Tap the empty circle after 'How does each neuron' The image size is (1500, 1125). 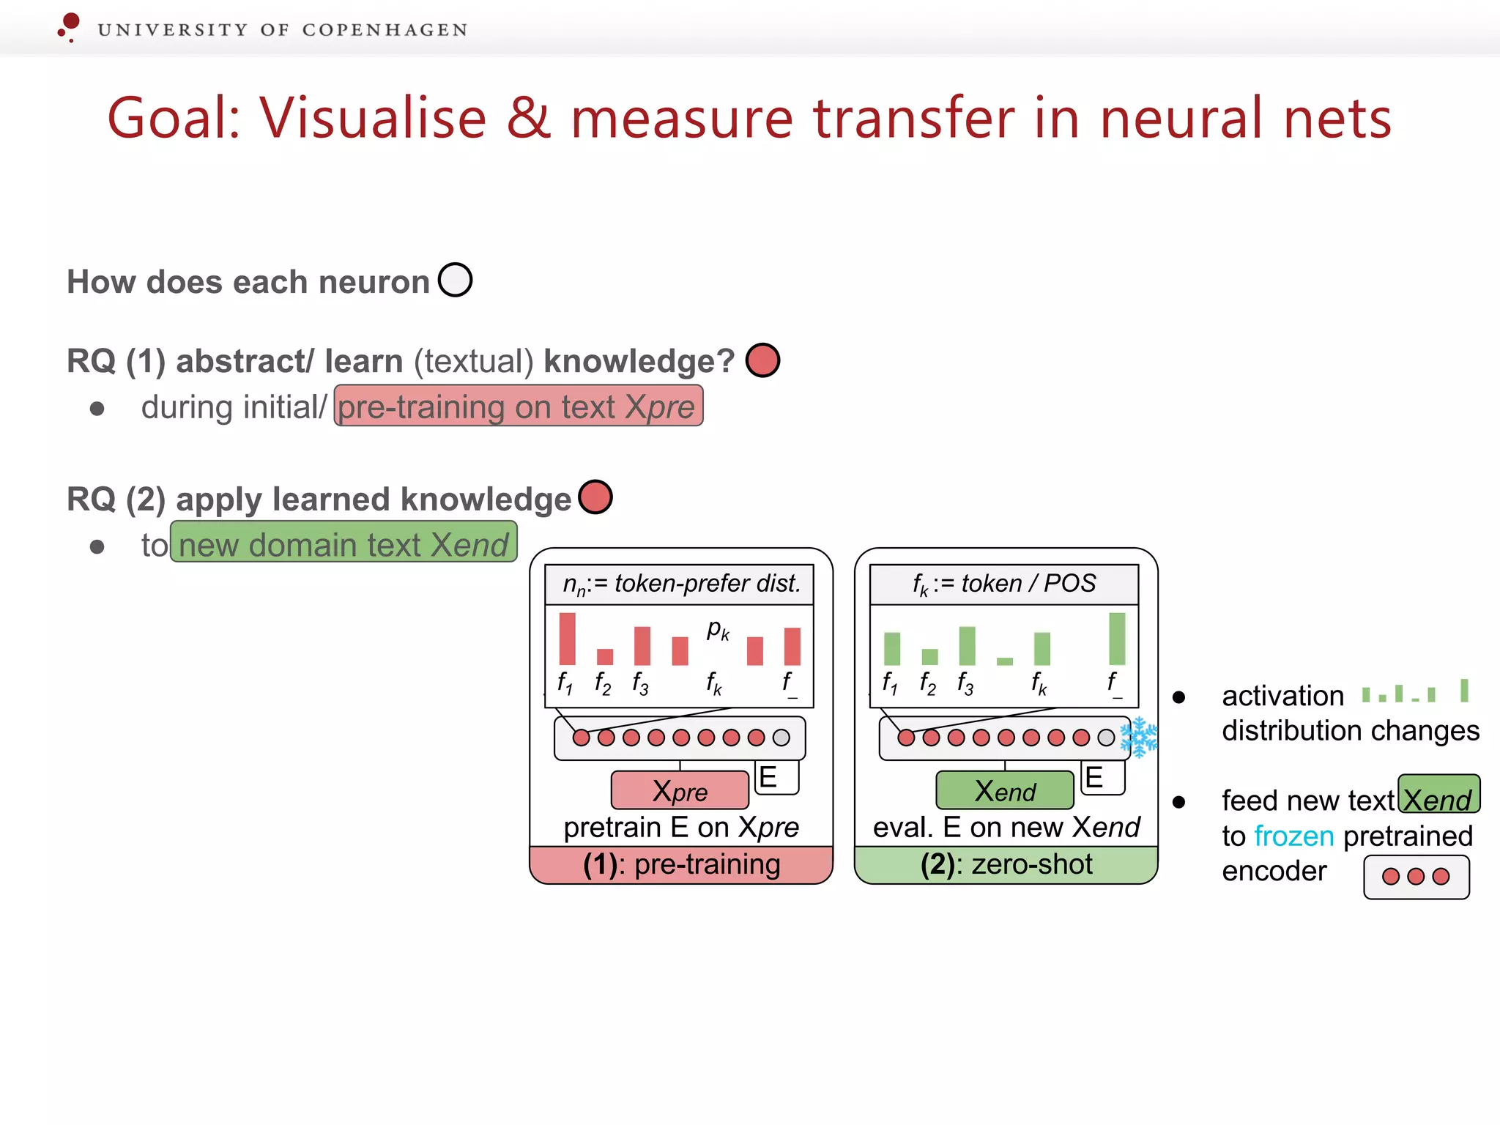click(x=455, y=280)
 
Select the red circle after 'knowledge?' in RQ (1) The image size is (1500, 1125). click(x=762, y=360)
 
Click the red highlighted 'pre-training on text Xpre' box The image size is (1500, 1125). click(x=519, y=406)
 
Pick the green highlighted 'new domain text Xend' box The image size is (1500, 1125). click(x=344, y=543)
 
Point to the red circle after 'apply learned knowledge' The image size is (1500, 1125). click(x=595, y=497)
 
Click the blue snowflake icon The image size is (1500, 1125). click(x=1139, y=737)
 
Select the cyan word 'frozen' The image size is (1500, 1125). click(x=1293, y=836)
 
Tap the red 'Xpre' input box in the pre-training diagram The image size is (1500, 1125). click(x=680, y=790)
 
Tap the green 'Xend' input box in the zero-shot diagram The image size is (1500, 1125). click(x=1005, y=790)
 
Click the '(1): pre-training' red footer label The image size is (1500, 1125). click(x=681, y=865)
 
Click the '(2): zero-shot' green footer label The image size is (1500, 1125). click(x=1006, y=865)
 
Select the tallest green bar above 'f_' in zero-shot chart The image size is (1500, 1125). click(x=1117, y=639)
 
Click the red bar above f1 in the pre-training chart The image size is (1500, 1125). click(x=567, y=639)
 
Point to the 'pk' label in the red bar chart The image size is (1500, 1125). click(x=718, y=629)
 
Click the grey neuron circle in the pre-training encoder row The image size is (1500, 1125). click(x=781, y=738)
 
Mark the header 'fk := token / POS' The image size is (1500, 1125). click(x=1004, y=584)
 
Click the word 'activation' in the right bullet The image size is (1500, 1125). click(x=1282, y=696)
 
